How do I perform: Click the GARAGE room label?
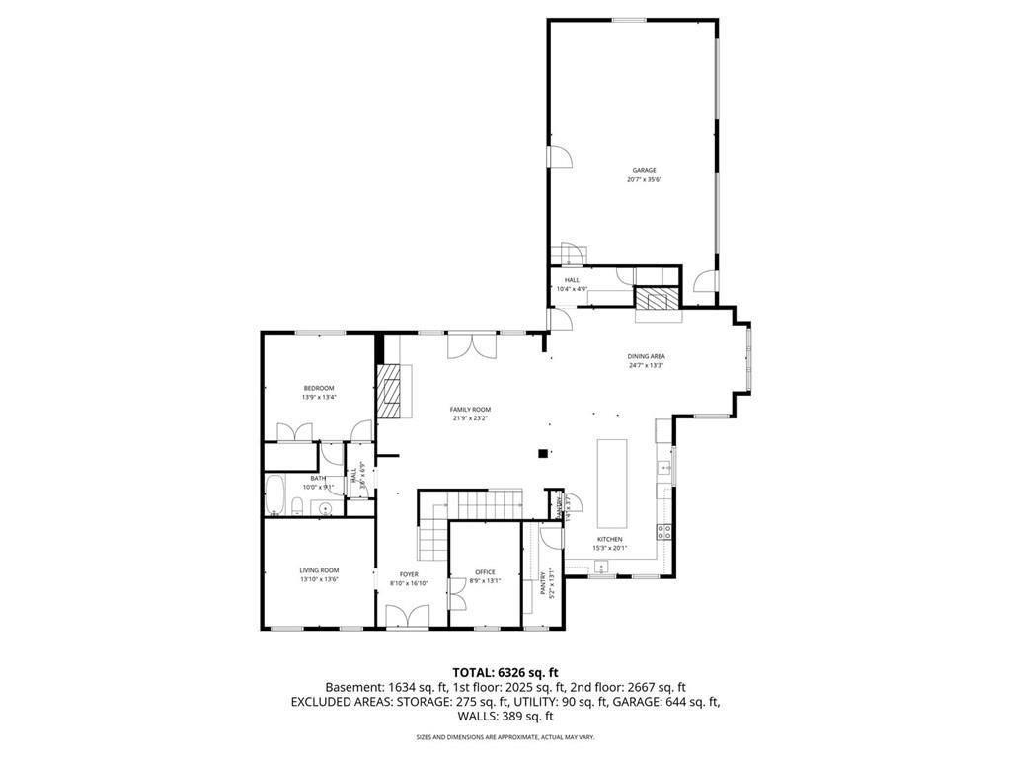[644, 170]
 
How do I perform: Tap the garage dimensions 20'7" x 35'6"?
[644, 180]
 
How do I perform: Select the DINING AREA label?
[647, 356]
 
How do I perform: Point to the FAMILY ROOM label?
[470, 409]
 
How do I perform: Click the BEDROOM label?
[319, 388]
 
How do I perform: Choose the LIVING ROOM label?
[319, 569]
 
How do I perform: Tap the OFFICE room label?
[485, 572]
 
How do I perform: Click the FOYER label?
[409, 573]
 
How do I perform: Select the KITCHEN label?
[609, 539]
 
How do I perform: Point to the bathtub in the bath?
[275, 494]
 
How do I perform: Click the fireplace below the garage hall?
[656, 300]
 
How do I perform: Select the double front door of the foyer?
[409, 618]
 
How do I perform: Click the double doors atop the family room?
[471, 345]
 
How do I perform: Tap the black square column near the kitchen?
[542, 453]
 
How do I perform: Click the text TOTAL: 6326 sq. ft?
[505, 670]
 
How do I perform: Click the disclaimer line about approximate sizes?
[505, 737]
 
